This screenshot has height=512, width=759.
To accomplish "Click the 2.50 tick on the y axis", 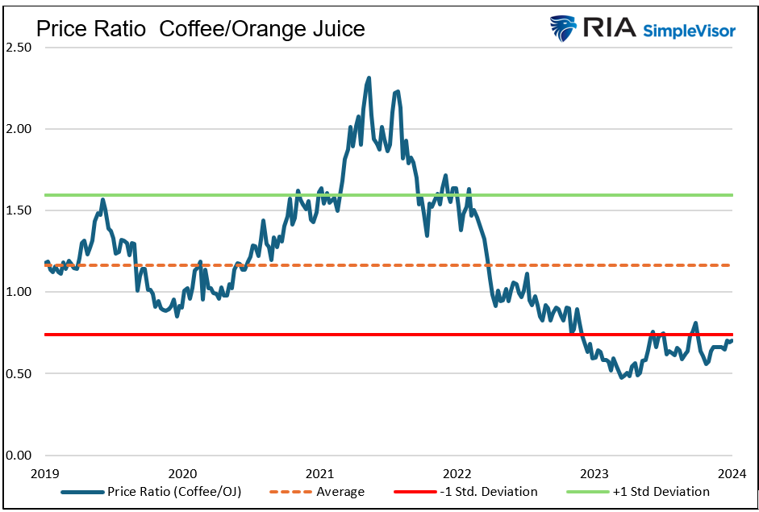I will pyautogui.click(x=19, y=48).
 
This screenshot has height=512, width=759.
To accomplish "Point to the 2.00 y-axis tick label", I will pyautogui.click(x=19, y=129).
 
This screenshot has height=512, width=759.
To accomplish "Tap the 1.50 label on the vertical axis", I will pyautogui.click(x=19, y=210).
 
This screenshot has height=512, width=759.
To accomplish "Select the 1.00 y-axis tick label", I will pyautogui.click(x=19, y=292).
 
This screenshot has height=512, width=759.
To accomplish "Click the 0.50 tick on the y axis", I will pyautogui.click(x=19, y=374).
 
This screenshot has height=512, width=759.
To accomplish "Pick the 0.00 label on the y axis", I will pyautogui.click(x=19, y=456).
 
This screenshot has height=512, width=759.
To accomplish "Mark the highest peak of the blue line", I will pyautogui.click(x=369, y=78).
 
